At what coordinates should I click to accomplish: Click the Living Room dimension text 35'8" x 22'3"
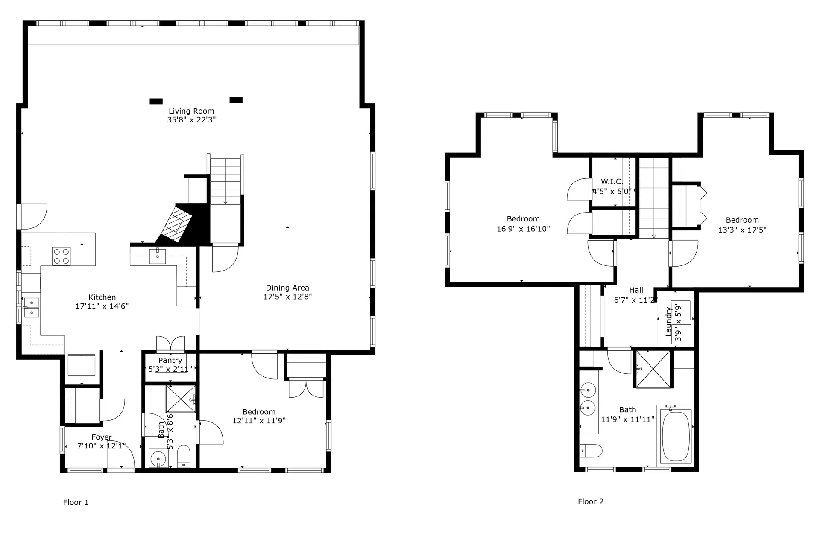(191, 120)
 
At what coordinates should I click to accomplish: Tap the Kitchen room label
(102, 297)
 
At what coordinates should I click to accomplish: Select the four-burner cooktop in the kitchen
(61, 256)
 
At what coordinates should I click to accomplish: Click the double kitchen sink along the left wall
(31, 307)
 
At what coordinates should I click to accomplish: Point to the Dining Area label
(287, 288)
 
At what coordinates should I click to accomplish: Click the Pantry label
(170, 361)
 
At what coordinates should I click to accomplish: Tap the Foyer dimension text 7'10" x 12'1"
(101, 446)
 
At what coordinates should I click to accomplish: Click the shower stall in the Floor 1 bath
(181, 399)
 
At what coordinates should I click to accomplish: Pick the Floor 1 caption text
(76, 503)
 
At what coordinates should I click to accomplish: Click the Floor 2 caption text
(590, 502)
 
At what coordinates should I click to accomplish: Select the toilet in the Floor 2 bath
(591, 450)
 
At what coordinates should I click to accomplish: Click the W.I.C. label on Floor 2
(612, 182)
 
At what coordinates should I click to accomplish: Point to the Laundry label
(669, 321)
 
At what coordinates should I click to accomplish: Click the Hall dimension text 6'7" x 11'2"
(635, 300)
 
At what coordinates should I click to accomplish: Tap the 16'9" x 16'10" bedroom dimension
(523, 229)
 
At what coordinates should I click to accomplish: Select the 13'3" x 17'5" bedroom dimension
(742, 230)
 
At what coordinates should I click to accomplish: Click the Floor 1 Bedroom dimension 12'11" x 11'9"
(259, 421)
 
